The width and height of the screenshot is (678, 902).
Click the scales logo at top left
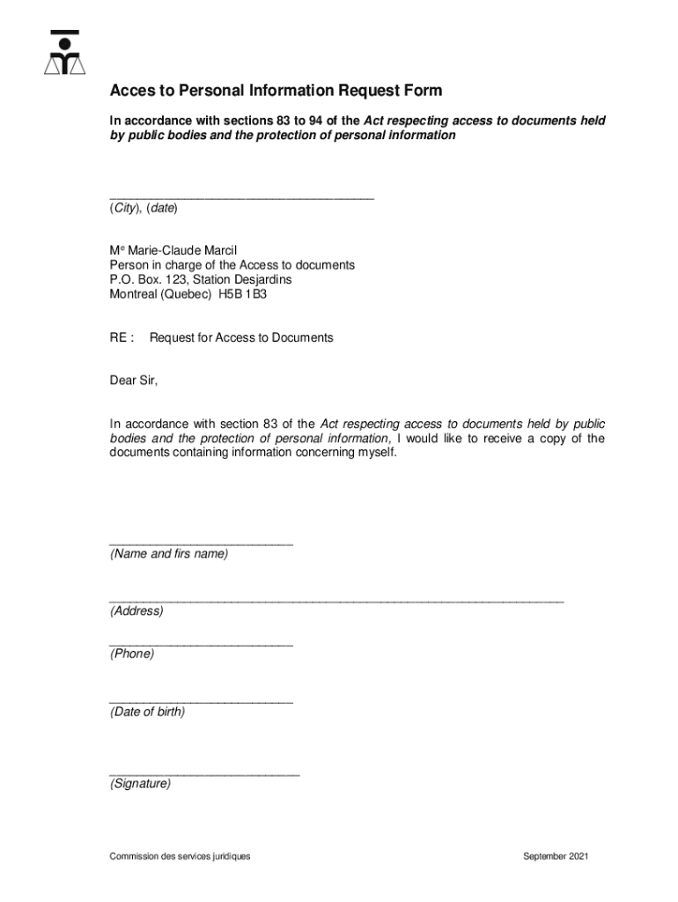[x=64, y=54]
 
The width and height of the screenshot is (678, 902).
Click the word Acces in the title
[x=129, y=91]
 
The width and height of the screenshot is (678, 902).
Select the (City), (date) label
[x=144, y=209]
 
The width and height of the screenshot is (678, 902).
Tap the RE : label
[x=122, y=337]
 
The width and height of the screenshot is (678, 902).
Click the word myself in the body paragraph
[x=375, y=453]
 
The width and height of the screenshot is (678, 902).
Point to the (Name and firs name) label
[x=168, y=554]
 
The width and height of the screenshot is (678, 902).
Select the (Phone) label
[x=132, y=654]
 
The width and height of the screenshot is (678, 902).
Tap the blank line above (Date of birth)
[x=201, y=702]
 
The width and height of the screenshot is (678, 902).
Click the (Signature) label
[x=141, y=783]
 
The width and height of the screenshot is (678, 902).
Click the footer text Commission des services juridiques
[x=180, y=856]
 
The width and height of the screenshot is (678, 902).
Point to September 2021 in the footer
[x=556, y=856]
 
